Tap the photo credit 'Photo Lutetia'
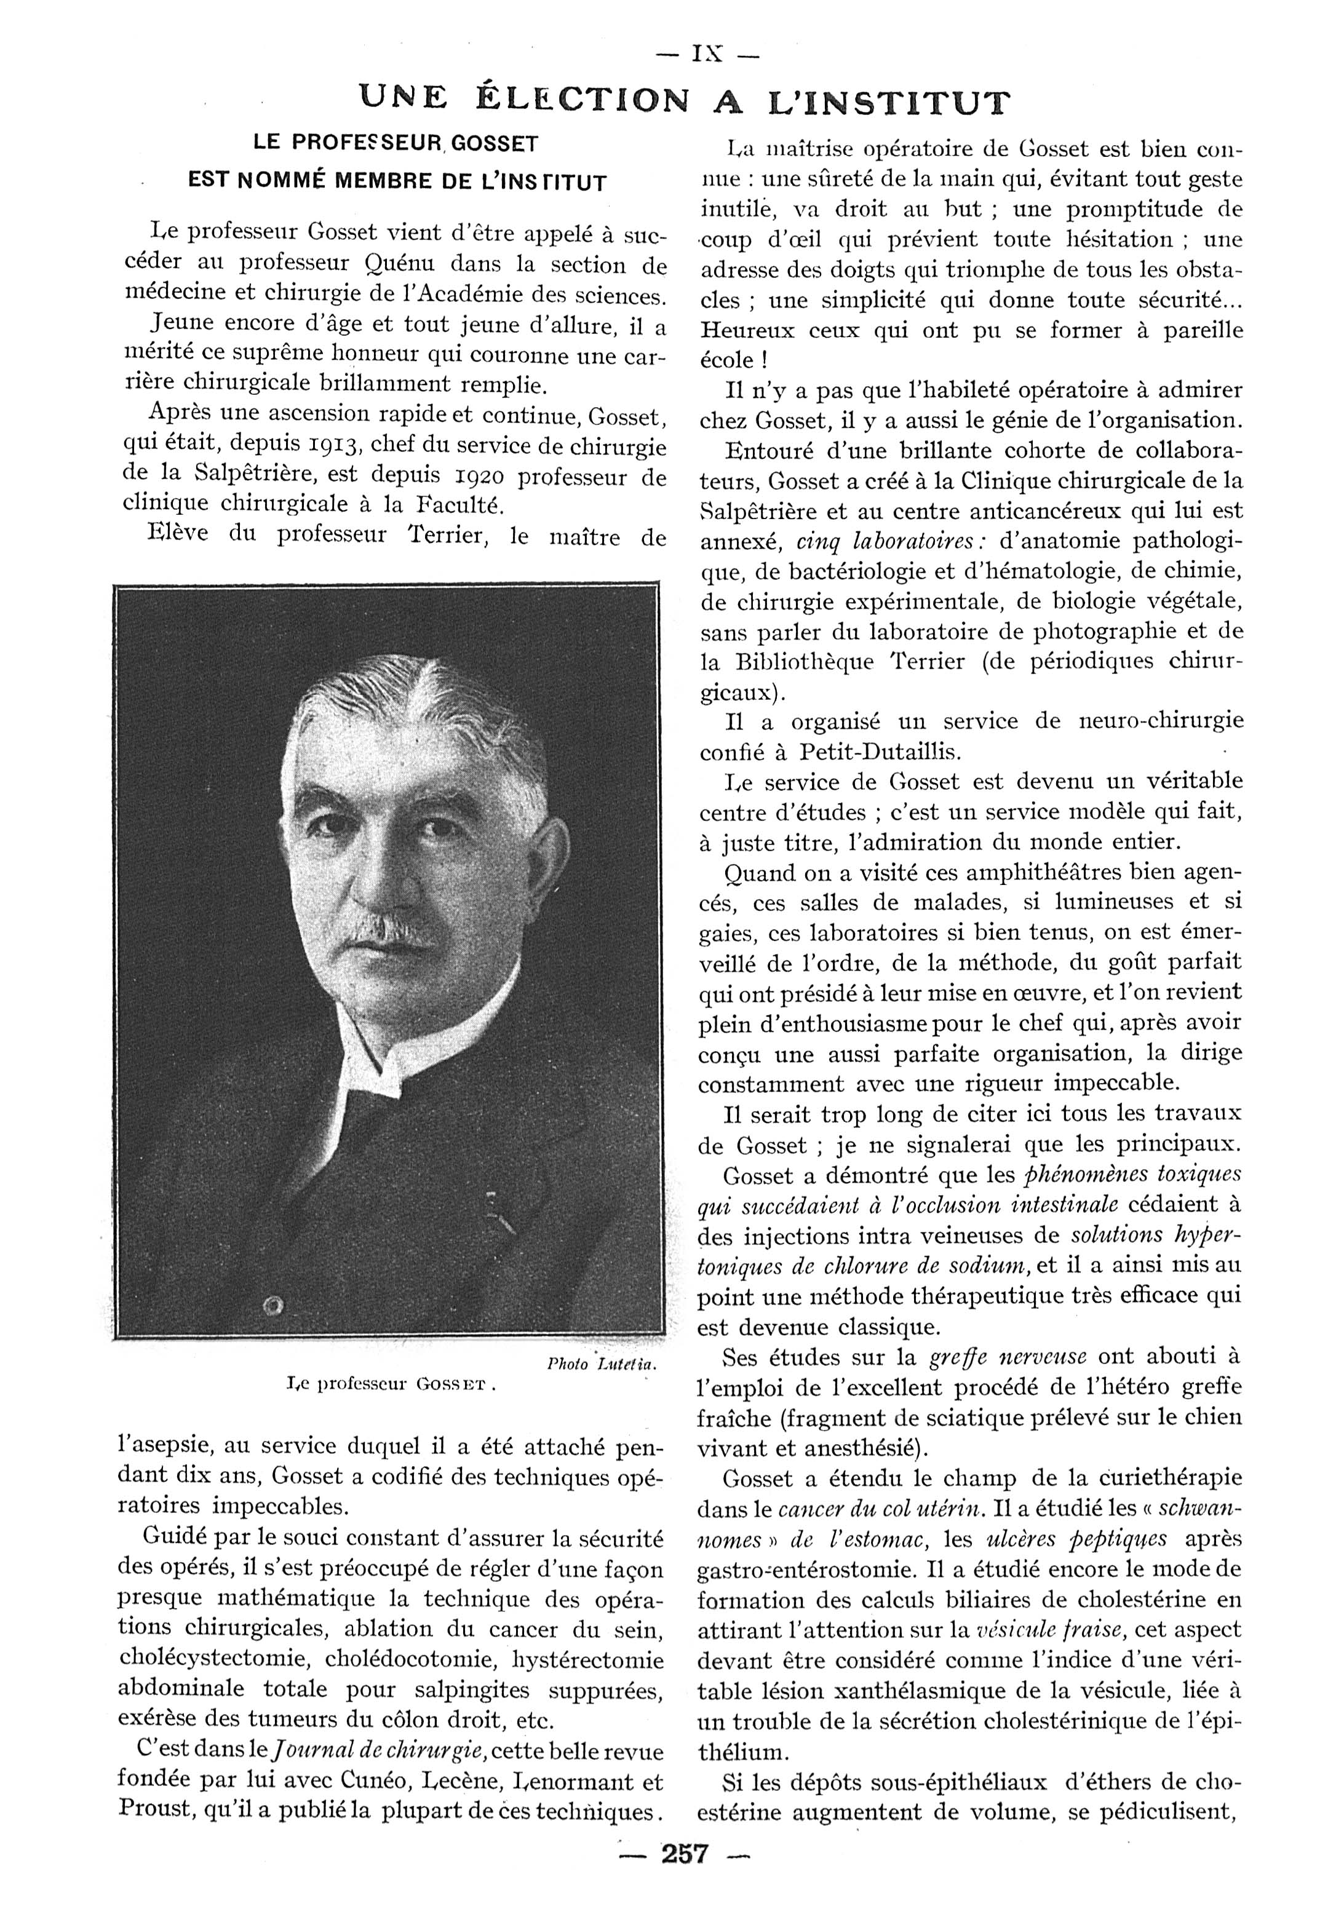(x=600, y=1365)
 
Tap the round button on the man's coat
(x=272, y=1306)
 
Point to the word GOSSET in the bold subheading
(x=496, y=144)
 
